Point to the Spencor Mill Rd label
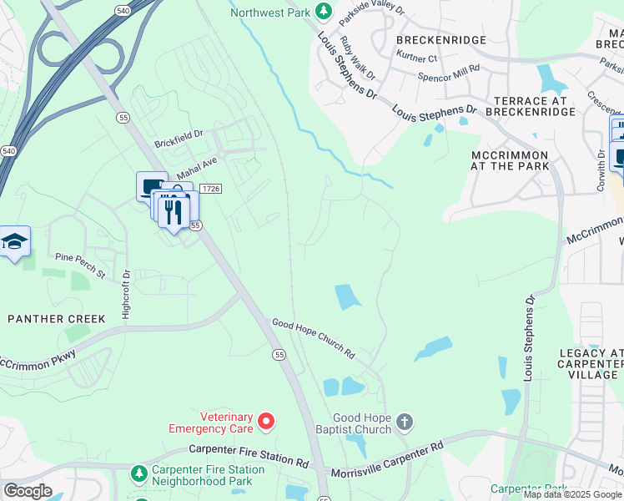click(450, 73)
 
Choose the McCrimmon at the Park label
click(510, 160)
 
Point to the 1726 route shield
click(212, 190)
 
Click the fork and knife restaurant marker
click(174, 210)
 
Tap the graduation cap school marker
click(14, 242)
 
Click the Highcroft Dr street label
click(127, 291)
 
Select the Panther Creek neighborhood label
click(57, 319)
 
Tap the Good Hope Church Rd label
click(314, 337)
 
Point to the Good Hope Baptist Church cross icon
click(404, 422)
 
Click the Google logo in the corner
click(28, 491)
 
